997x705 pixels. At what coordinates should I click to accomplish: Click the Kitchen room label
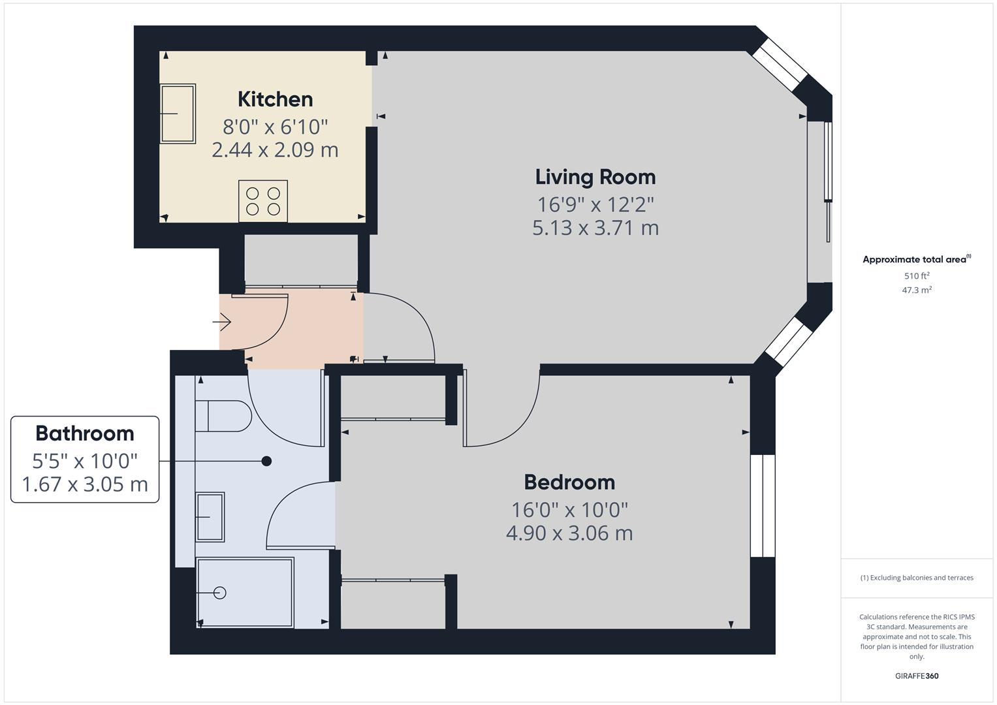point(275,99)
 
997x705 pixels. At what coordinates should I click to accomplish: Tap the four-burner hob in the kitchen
point(263,200)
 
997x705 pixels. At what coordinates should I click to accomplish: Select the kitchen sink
point(178,114)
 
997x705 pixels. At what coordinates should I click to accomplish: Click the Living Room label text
point(595,177)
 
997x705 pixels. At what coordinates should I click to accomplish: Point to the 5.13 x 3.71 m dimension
point(595,228)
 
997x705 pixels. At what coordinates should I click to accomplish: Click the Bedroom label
point(569,482)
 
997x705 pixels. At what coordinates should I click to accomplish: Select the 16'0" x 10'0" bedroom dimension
point(569,509)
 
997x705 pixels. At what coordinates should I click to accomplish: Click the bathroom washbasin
point(210,516)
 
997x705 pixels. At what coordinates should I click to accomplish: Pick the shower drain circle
point(220,593)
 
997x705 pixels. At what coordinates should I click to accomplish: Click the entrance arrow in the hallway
point(222,322)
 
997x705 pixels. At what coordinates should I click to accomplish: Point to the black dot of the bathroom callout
point(266,462)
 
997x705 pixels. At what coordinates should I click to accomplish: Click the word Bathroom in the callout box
point(85,433)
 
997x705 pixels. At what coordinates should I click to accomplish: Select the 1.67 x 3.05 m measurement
point(85,485)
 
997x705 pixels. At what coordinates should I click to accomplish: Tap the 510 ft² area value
point(916,276)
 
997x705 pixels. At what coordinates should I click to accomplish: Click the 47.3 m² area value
point(916,290)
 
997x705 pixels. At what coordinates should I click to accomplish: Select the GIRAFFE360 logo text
point(916,676)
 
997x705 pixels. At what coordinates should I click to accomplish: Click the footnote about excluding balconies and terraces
point(916,578)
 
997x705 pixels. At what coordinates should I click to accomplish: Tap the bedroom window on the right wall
point(762,506)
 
